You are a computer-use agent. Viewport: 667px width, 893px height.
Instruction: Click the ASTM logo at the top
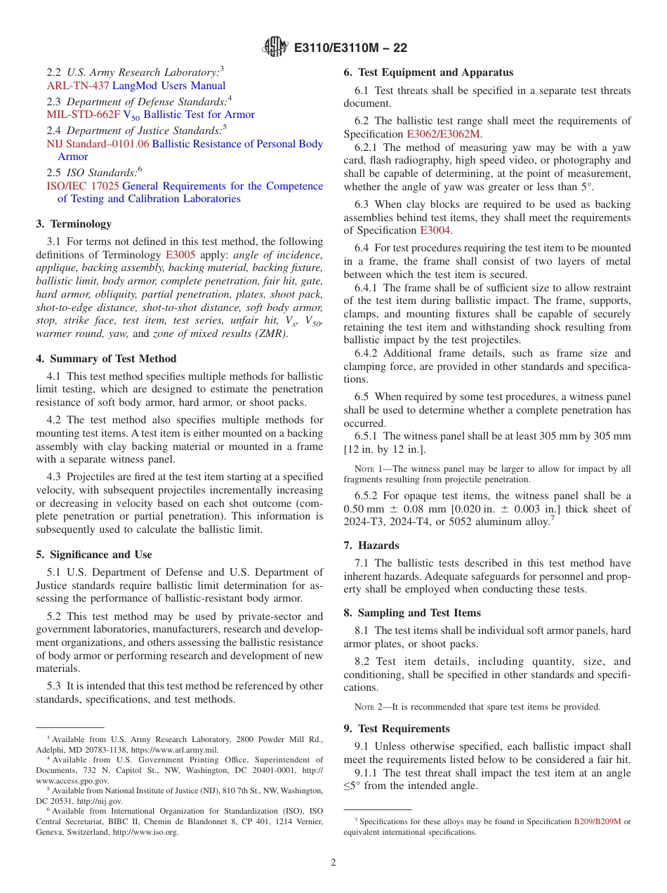pyautogui.click(x=275, y=48)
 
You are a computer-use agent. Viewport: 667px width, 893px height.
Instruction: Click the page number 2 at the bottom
pyautogui.click(x=333, y=862)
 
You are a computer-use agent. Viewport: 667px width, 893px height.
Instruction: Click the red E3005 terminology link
pyautogui.click(x=180, y=256)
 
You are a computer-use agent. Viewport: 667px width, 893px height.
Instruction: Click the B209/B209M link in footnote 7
pyautogui.click(x=597, y=821)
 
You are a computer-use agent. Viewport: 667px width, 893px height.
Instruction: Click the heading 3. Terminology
pyautogui.click(x=74, y=224)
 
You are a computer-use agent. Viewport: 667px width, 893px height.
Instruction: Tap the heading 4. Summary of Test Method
pyautogui.click(x=106, y=359)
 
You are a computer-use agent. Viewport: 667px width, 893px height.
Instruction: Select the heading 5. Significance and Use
pyautogui.click(x=94, y=555)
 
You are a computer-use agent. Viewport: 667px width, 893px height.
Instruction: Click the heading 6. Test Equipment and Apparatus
pyautogui.click(x=428, y=72)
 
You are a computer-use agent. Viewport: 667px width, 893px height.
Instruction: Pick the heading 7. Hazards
pyautogui.click(x=371, y=545)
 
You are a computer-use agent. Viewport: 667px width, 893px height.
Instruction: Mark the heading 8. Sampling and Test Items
pyautogui.click(x=412, y=613)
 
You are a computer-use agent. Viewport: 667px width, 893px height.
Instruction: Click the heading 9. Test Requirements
pyautogui.click(x=397, y=729)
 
